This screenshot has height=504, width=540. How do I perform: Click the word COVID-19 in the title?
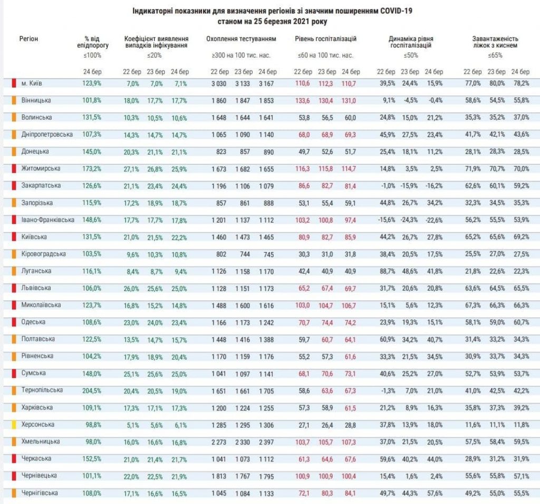pyautogui.click(x=396, y=11)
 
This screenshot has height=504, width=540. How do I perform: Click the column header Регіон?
pyautogui.click(x=28, y=38)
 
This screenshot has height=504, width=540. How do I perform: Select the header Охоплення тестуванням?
pyautogui.click(x=241, y=39)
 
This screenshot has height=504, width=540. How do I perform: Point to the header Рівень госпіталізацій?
pyautogui.click(x=325, y=39)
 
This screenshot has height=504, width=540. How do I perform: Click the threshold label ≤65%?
pyautogui.click(x=495, y=55)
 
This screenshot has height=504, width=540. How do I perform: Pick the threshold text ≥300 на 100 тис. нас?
pyautogui.click(x=241, y=55)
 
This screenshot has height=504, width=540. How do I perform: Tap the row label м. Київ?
pyautogui.click(x=32, y=83)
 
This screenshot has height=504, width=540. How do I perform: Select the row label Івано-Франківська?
pyautogui.click(x=47, y=220)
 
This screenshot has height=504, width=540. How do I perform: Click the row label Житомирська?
pyautogui.click(x=41, y=168)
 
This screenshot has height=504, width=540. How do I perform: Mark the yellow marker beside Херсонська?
pyautogui.click(x=14, y=424)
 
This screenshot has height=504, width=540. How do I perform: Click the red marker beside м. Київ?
pyautogui.click(x=14, y=83)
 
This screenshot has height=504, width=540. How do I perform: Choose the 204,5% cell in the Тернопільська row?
pyautogui.click(x=92, y=391)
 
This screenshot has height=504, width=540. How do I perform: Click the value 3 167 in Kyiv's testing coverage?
pyautogui.click(x=266, y=84)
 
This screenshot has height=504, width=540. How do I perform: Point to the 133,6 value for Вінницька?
pyautogui.click(x=302, y=101)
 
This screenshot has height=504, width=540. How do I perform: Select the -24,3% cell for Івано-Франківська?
pyautogui.click(x=409, y=220)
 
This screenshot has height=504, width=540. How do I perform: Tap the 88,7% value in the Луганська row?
pyautogui.click(x=387, y=272)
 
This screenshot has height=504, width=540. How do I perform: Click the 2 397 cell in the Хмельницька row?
pyautogui.click(x=266, y=442)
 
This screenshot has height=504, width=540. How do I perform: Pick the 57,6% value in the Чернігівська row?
pyautogui.click(x=435, y=493)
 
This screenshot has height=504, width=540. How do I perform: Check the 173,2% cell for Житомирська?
pyautogui.click(x=92, y=169)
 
